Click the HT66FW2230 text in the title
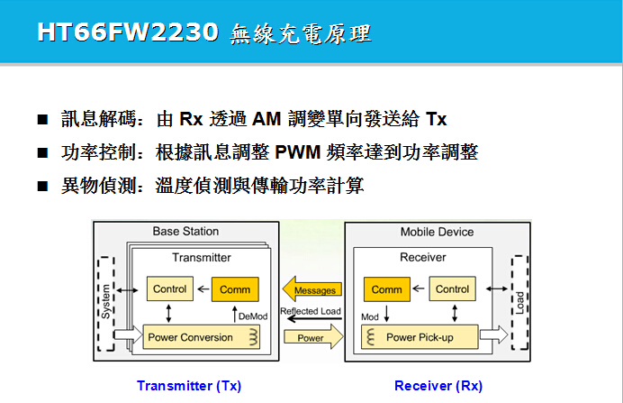[127, 32]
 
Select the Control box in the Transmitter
[169, 289]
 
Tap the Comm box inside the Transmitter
[235, 289]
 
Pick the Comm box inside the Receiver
[386, 289]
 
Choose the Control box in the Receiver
[451, 289]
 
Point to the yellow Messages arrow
[312, 289]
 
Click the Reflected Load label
[311, 312]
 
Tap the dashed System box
[107, 301]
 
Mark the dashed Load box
[519, 301]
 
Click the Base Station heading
[185, 232]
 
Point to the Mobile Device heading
[437, 232]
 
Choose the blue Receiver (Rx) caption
[438, 385]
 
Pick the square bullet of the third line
[42, 187]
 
